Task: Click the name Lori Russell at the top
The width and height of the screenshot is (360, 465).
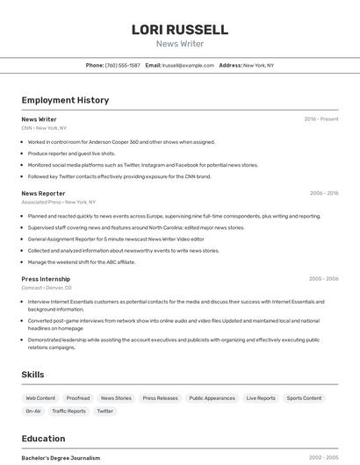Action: tap(180, 30)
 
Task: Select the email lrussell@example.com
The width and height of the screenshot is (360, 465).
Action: tap(188, 65)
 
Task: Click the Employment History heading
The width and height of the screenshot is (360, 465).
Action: tap(65, 100)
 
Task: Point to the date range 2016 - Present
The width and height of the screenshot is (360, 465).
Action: tap(321, 119)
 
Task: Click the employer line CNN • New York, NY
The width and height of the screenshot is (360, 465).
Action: tap(44, 128)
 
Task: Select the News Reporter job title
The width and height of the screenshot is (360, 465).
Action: tap(43, 193)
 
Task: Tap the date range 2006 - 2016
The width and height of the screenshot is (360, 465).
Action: tap(324, 193)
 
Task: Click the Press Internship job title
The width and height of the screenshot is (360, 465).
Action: tap(47, 279)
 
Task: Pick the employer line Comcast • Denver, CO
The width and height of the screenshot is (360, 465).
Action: tap(47, 288)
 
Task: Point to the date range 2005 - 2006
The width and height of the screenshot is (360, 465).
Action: tap(323, 279)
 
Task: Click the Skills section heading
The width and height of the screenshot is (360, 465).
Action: tap(32, 375)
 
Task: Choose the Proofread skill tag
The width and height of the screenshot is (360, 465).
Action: tap(78, 398)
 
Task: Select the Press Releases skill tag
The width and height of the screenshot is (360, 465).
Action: tap(160, 398)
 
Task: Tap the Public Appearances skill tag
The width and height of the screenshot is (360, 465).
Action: tap(212, 398)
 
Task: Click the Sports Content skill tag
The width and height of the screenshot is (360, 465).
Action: tap(304, 398)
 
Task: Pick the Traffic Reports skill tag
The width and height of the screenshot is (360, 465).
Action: tap(68, 411)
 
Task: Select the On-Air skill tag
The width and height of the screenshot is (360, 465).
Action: tap(33, 411)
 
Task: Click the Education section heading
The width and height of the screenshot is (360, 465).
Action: tap(43, 439)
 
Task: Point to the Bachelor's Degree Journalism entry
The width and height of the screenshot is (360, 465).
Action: tap(61, 458)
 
